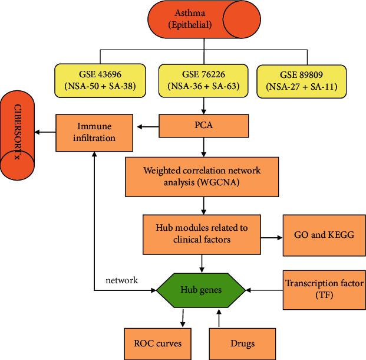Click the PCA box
[203, 125]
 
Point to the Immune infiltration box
[94, 132]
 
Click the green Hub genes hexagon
[202, 290]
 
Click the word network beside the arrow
[122, 280]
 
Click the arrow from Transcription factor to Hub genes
[265, 290]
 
